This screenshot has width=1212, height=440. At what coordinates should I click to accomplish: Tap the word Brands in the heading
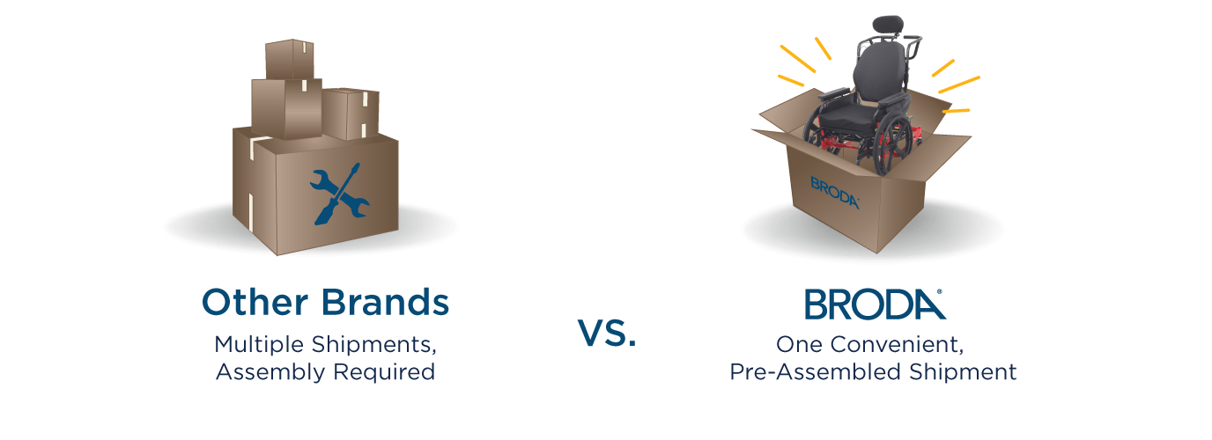click(x=385, y=302)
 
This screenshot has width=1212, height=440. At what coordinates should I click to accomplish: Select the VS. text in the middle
click(x=607, y=333)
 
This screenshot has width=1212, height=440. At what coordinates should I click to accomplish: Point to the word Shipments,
click(x=373, y=346)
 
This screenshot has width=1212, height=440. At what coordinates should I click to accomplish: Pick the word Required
click(x=384, y=373)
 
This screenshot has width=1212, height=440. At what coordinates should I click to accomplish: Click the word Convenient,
click(x=897, y=345)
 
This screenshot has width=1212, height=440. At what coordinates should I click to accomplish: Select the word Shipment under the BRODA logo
click(x=963, y=372)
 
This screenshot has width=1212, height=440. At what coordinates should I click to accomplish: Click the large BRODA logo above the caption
click(x=875, y=304)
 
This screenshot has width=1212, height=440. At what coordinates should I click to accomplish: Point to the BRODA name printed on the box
click(x=834, y=193)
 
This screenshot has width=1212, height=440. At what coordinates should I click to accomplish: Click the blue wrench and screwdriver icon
click(x=340, y=194)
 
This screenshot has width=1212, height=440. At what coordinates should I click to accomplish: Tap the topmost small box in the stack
click(x=290, y=59)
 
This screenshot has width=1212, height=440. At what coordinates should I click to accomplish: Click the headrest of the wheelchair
click(x=887, y=25)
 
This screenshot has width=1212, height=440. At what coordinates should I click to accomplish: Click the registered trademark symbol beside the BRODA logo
click(x=939, y=292)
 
